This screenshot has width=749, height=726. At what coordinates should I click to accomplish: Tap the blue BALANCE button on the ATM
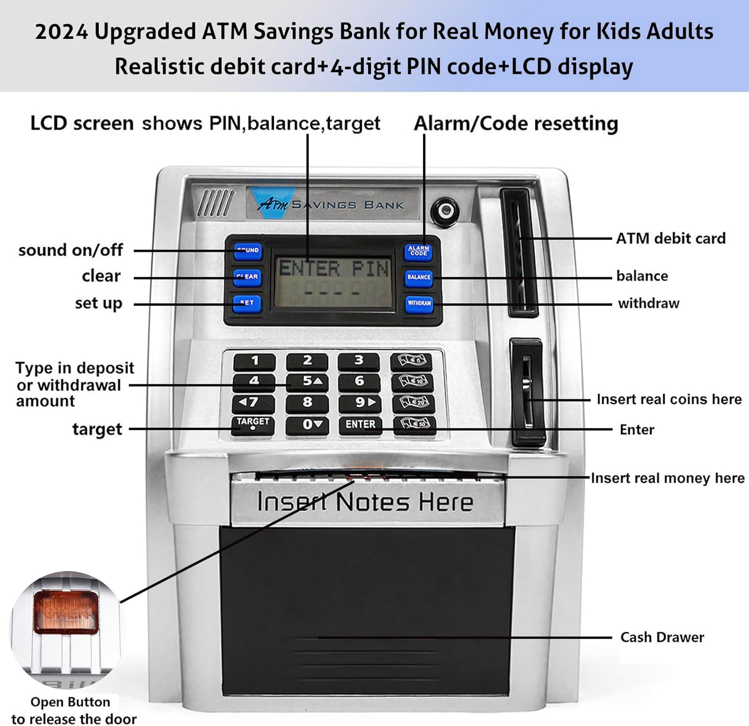(x=418, y=277)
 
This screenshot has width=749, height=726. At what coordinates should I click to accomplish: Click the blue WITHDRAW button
(x=419, y=303)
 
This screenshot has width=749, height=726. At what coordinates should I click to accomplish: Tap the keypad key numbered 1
(x=255, y=361)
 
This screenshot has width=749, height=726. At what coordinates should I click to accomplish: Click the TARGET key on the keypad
(x=253, y=424)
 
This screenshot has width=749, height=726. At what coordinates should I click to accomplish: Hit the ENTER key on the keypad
(x=360, y=424)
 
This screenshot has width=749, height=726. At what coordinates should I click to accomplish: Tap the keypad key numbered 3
(x=359, y=361)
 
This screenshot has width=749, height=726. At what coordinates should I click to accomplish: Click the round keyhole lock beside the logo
(x=445, y=211)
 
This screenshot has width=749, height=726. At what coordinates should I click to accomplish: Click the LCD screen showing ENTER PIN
(x=333, y=281)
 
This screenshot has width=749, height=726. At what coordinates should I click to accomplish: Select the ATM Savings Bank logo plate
(x=332, y=203)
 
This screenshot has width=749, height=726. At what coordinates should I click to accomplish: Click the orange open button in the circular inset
(x=66, y=612)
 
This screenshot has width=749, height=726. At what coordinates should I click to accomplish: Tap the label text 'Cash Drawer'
(x=662, y=637)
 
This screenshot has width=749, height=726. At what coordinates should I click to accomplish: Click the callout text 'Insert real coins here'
(x=669, y=399)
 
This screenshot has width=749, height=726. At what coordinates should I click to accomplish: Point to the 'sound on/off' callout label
(x=70, y=250)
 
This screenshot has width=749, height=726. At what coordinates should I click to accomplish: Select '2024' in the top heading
(x=61, y=32)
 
